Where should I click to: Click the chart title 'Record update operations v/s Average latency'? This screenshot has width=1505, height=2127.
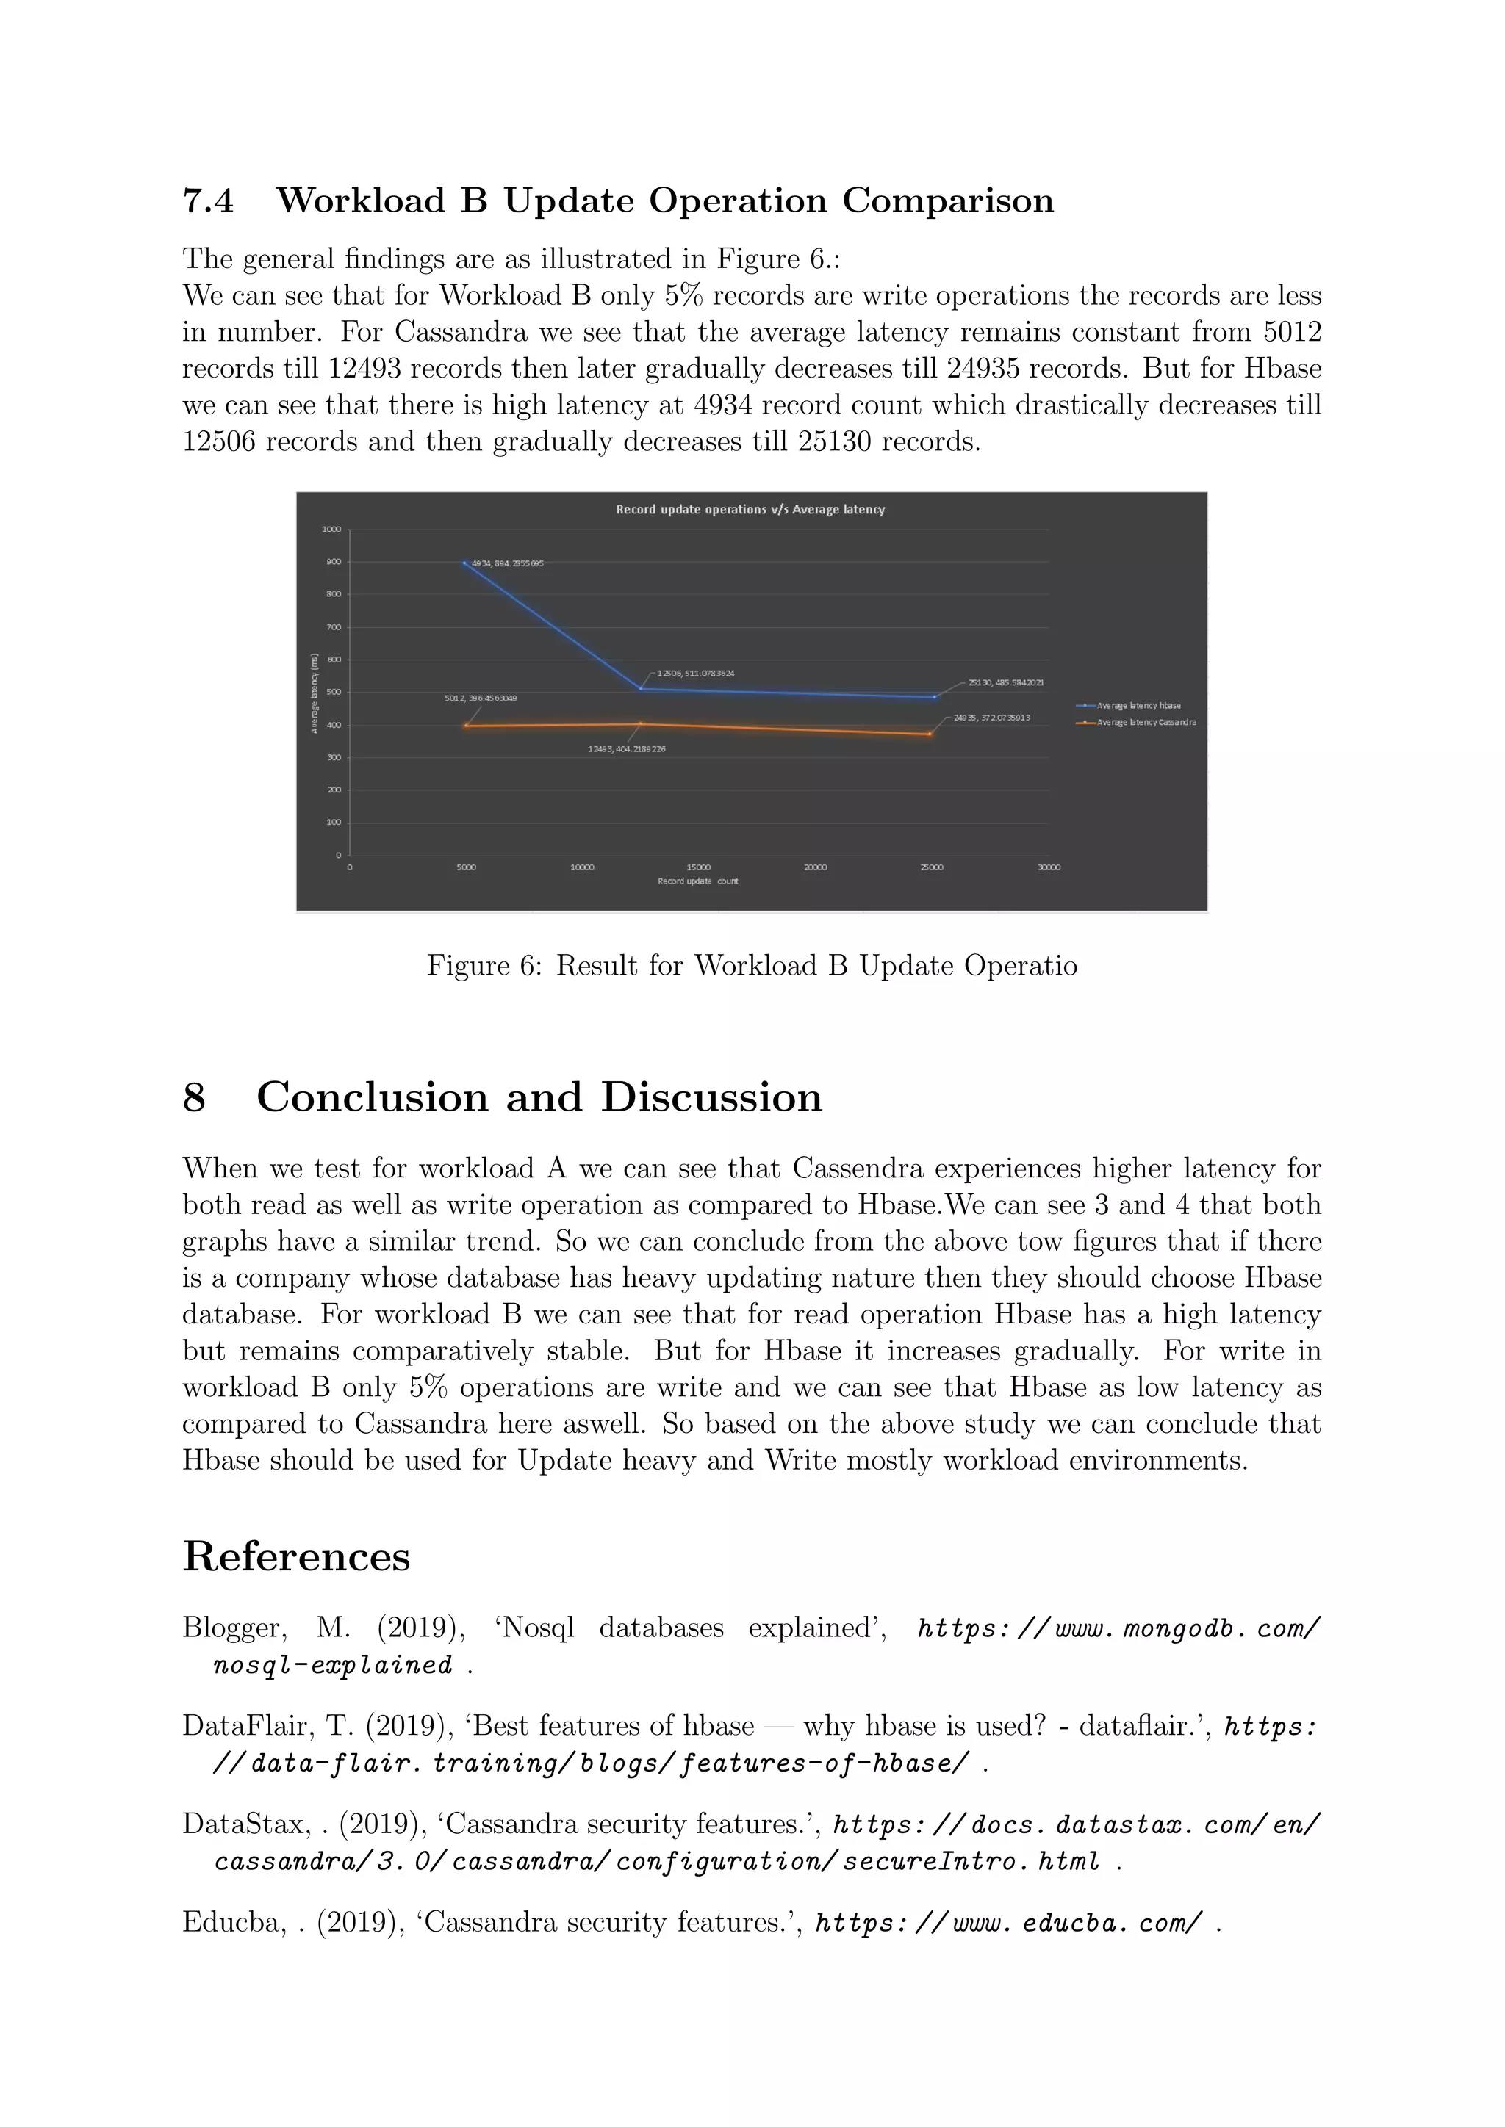click(x=750, y=510)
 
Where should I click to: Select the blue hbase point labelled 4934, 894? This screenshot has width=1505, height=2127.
click(x=464, y=563)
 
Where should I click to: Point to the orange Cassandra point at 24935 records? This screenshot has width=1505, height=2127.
click(x=930, y=734)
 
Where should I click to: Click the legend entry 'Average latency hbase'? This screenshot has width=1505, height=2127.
click(x=1138, y=705)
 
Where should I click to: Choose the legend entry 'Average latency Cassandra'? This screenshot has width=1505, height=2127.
click(x=1146, y=722)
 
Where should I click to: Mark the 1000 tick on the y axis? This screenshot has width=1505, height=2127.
click(x=331, y=530)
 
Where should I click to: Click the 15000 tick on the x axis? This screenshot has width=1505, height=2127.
click(x=699, y=868)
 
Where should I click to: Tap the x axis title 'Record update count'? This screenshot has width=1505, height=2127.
click(x=698, y=881)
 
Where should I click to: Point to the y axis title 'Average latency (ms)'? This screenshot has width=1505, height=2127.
click(x=315, y=693)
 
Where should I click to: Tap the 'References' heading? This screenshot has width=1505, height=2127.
click(x=297, y=1556)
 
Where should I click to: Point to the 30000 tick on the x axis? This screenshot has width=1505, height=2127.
click(x=1048, y=868)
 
